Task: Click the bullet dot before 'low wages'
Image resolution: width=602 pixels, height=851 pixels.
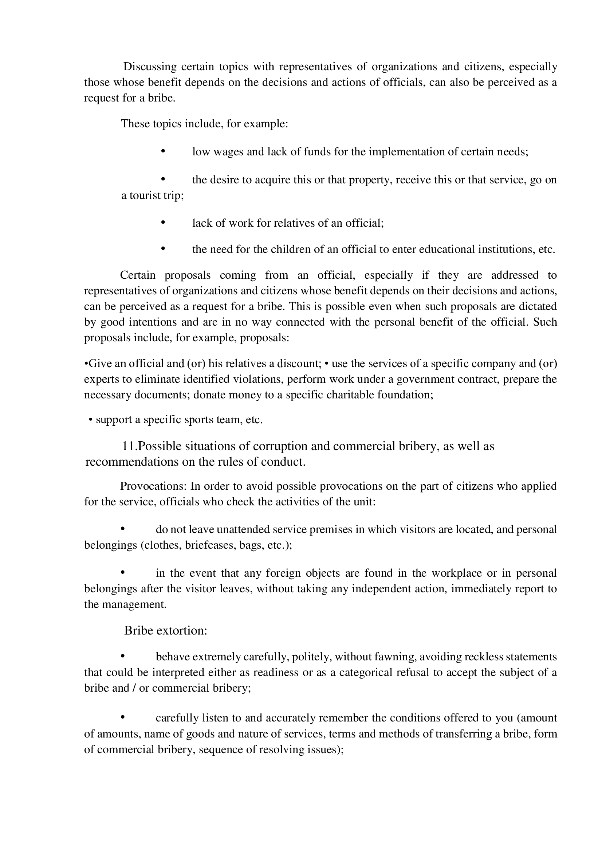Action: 163,151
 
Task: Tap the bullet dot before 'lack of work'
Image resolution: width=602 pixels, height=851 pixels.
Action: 163,222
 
